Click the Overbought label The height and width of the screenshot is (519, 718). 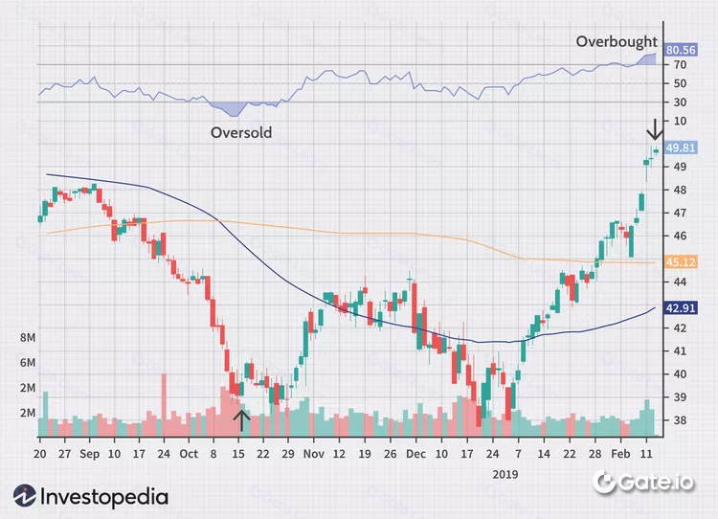click(616, 42)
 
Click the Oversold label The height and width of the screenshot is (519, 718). click(241, 133)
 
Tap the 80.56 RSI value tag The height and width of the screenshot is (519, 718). click(681, 50)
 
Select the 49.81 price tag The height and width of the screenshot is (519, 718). click(681, 147)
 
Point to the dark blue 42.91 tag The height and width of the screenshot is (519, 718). click(681, 308)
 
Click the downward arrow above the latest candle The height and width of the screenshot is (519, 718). click(655, 129)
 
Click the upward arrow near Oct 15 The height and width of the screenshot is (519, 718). click(242, 418)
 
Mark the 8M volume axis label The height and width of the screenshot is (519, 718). click(28, 339)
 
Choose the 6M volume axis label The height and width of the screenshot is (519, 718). click(28, 364)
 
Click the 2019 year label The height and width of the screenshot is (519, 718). click(504, 473)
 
